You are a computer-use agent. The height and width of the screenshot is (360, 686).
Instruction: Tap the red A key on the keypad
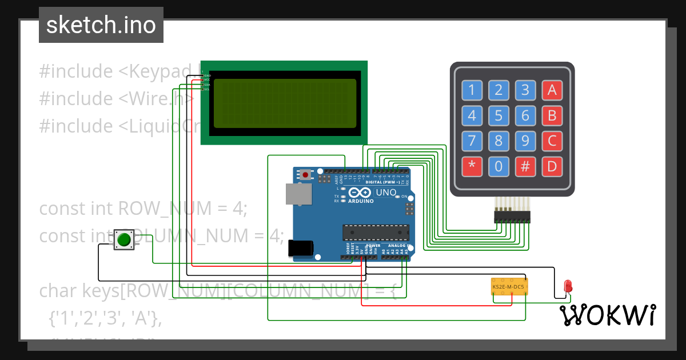[x=552, y=90]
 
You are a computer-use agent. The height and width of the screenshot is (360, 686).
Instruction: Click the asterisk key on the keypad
[x=472, y=166]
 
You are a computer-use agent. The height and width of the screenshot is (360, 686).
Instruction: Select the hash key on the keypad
[x=525, y=166]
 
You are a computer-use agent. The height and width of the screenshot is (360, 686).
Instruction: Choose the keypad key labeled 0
[x=498, y=166]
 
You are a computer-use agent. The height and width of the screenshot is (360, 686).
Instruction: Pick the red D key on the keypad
[x=552, y=166]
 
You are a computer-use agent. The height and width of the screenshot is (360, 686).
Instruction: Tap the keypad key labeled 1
[x=472, y=90]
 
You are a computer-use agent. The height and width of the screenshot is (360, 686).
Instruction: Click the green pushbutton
[x=123, y=239]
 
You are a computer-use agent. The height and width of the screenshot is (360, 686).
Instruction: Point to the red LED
[x=568, y=286]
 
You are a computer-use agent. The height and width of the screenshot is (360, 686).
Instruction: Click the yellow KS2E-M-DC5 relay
[x=509, y=286]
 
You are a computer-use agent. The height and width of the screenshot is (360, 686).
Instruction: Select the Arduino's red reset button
[x=306, y=174]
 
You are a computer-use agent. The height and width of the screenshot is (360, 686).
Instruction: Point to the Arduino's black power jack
[x=301, y=248]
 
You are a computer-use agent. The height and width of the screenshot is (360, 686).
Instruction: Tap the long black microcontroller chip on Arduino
[x=376, y=232]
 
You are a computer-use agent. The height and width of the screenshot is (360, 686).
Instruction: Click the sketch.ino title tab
[x=101, y=25]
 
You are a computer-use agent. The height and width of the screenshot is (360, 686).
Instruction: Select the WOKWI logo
[x=607, y=315]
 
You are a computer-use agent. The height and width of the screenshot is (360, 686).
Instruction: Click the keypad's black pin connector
[x=512, y=217]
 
